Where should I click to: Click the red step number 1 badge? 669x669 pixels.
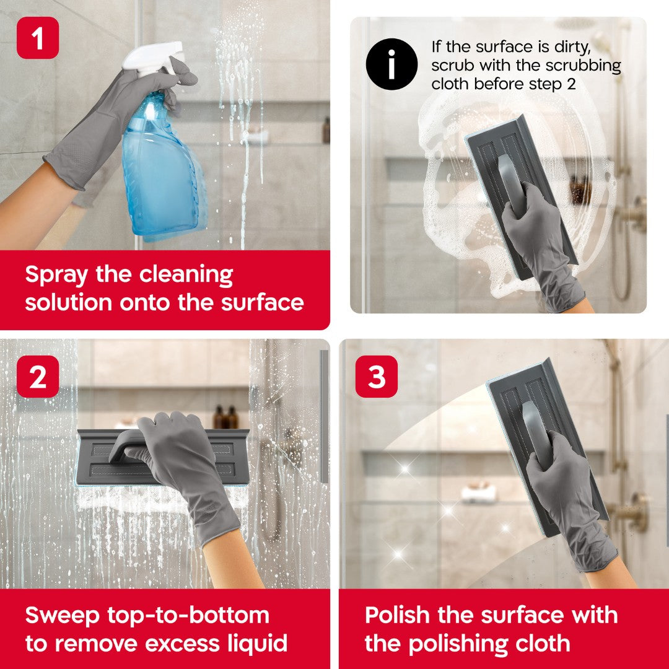point(38,38)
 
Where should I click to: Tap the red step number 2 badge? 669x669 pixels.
point(38,376)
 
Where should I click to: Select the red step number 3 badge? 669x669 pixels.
point(377,376)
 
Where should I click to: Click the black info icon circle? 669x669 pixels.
point(391,64)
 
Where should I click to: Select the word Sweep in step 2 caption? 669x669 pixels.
point(62,616)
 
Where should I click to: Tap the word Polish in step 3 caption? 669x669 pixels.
point(397,616)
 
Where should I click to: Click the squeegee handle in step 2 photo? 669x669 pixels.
point(124,443)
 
